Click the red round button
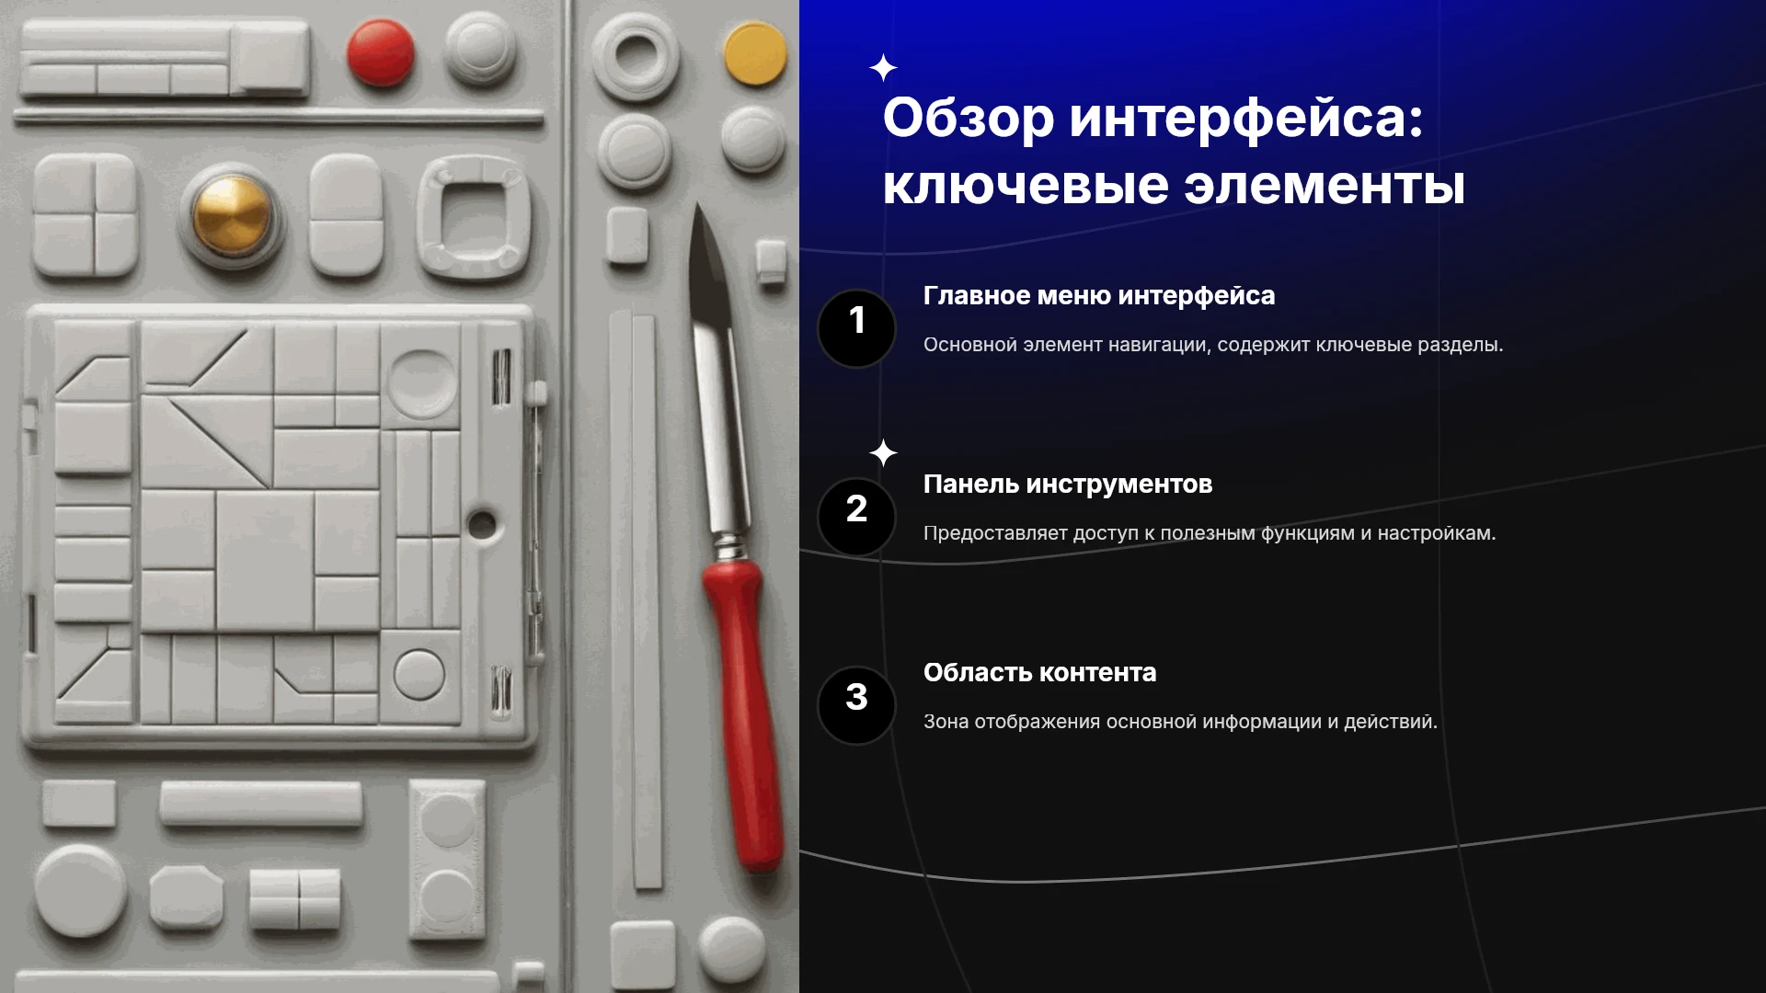click(381, 52)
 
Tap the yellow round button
click(756, 53)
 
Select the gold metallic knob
click(232, 215)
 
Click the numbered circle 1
click(856, 328)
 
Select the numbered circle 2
click(856, 517)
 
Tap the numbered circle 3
click(856, 705)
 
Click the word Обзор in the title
click(969, 119)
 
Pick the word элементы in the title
click(1324, 186)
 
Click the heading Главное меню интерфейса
click(1099, 296)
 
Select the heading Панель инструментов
click(1068, 485)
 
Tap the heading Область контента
click(1040, 673)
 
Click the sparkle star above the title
click(883, 68)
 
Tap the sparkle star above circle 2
click(883, 452)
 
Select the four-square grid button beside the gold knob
click(86, 215)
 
